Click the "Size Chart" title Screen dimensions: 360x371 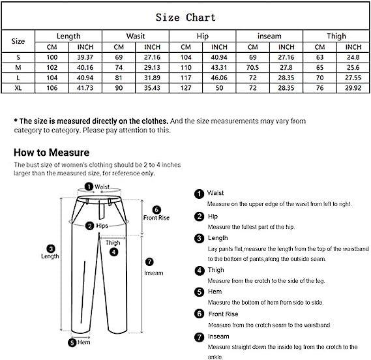185,17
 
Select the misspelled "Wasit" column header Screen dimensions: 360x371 135,37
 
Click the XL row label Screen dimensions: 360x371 18,87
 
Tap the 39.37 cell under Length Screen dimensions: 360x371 85,57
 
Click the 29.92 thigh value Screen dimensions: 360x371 353,87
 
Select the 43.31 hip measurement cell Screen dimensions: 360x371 218,67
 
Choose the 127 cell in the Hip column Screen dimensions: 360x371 185,87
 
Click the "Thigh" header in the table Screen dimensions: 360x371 336,37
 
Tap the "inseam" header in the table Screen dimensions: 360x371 269,37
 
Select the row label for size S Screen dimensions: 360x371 18,57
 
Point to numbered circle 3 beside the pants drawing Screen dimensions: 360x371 51,248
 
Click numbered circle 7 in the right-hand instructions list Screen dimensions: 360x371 198,337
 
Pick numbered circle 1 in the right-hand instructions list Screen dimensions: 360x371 198,194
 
